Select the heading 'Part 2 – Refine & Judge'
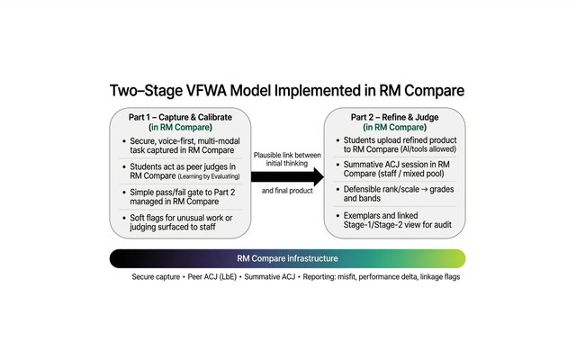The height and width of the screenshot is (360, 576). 394,117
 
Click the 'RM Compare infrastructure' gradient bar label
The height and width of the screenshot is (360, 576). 287,258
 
